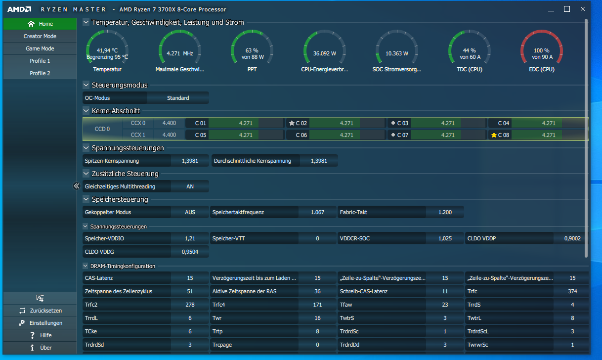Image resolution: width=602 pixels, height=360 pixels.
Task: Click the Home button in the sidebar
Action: (x=40, y=24)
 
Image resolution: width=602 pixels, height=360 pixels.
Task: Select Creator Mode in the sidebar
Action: (x=40, y=36)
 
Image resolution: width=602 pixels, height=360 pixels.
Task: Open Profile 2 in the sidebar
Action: (x=40, y=73)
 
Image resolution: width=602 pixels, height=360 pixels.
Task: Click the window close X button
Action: (x=583, y=9)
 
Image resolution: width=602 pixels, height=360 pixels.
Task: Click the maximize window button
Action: (x=567, y=9)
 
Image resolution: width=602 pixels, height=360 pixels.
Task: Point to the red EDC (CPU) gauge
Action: (x=542, y=47)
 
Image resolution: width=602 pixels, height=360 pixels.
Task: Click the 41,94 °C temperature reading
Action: (x=107, y=50)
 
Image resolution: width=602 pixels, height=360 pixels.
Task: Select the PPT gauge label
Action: (x=252, y=69)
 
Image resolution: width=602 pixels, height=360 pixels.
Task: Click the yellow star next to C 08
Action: (x=494, y=135)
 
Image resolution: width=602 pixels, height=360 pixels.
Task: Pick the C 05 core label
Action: (x=201, y=135)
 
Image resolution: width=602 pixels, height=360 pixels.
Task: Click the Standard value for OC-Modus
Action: (x=178, y=98)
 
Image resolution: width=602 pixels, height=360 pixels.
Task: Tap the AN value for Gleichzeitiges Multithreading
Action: (x=190, y=186)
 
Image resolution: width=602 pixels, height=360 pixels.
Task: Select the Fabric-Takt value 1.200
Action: (x=445, y=212)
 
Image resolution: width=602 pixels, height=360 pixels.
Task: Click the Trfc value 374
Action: (x=572, y=291)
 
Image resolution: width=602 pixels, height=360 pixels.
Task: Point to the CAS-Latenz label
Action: (x=99, y=278)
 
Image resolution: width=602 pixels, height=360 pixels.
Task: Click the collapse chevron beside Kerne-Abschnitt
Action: (x=86, y=110)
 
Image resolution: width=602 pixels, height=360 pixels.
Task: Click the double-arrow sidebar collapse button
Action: (x=77, y=186)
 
